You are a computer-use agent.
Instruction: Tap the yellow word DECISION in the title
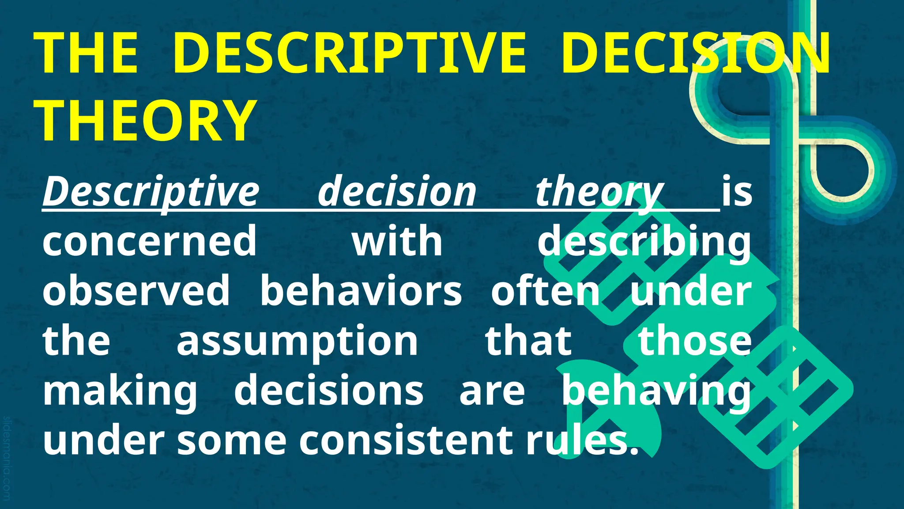point(695,53)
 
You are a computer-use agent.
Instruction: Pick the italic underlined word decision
point(397,191)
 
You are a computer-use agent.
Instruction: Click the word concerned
point(149,241)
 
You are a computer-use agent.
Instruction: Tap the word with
point(397,241)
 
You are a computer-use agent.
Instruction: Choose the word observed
point(136,291)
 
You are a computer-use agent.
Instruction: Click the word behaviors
point(361,291)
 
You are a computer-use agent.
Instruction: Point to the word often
point(546,291)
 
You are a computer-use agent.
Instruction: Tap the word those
point(695,341)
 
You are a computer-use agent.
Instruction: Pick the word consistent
point(406,440)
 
